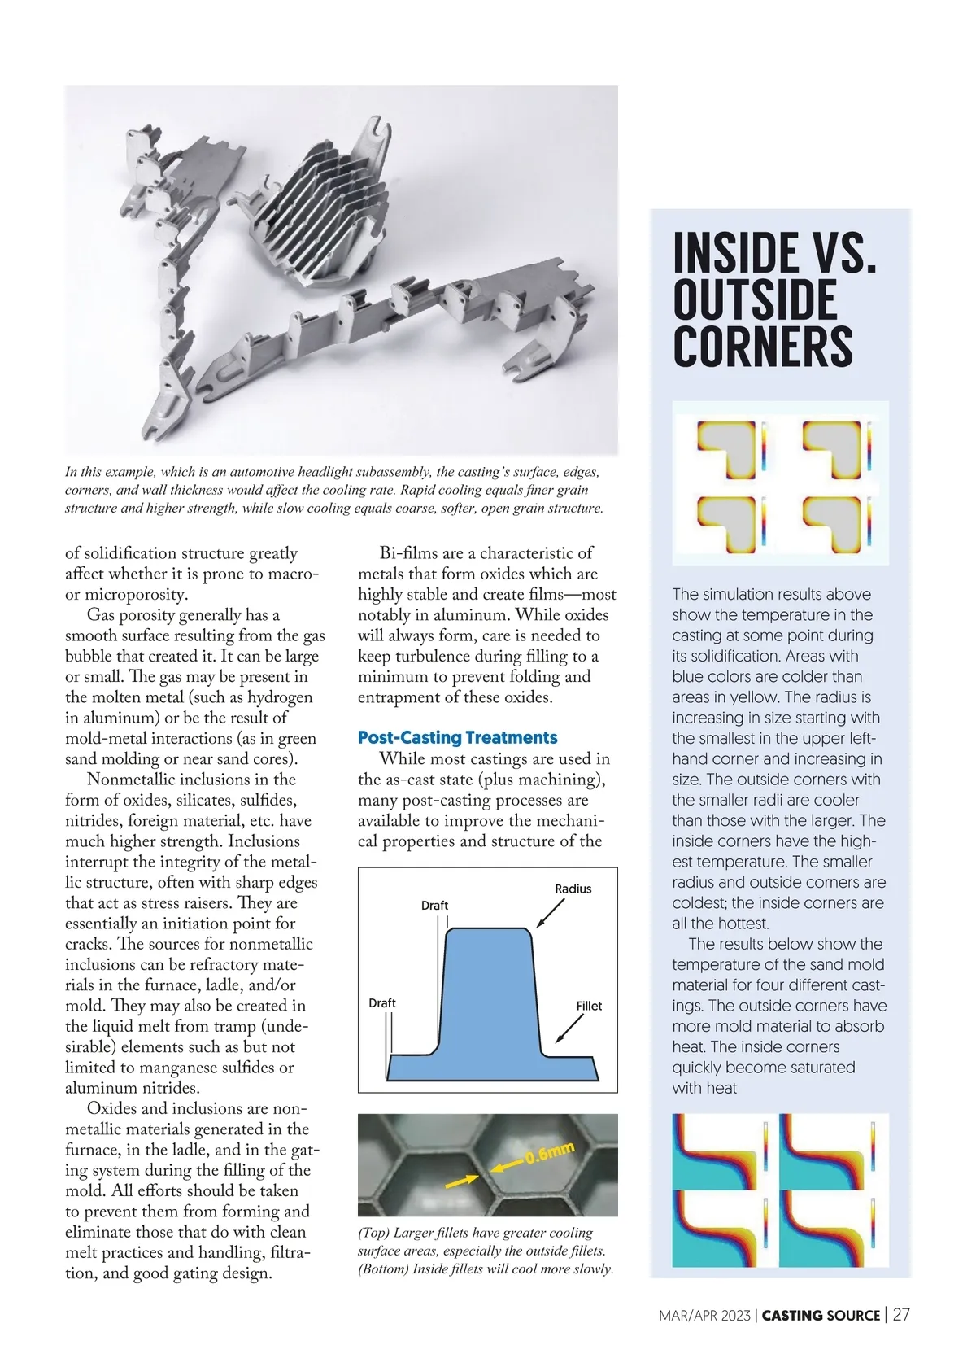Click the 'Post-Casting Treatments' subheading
457,738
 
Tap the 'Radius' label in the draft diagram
573,889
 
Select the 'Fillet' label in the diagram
589,1006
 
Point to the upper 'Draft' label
434,906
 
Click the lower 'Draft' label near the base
382,1003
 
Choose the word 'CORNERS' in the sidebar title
762,347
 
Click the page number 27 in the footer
901,1314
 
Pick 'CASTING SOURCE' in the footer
821,1315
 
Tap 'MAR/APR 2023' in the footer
704,1315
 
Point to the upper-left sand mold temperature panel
720,1148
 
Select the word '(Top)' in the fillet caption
374,1234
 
